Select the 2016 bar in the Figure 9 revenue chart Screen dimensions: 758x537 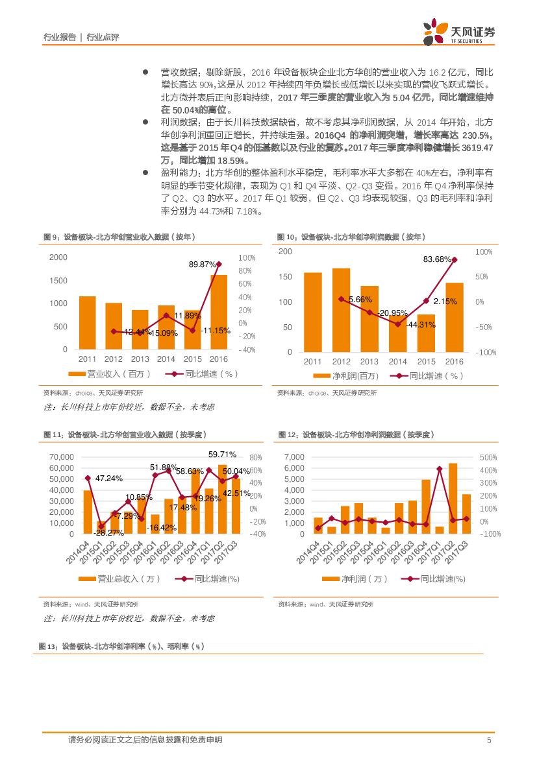[219, 312]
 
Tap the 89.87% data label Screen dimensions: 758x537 [203, 265]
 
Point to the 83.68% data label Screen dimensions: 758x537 [437, 259]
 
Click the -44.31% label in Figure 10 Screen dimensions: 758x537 [421, 325]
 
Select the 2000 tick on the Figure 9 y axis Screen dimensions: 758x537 [58, 257]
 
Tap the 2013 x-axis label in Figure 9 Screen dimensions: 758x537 [140, 359]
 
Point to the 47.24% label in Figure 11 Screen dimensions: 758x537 [109, 479]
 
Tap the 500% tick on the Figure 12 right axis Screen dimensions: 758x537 [488, 458]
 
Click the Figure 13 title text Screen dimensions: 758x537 [121, 646]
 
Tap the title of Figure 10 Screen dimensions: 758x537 [347, 237]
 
